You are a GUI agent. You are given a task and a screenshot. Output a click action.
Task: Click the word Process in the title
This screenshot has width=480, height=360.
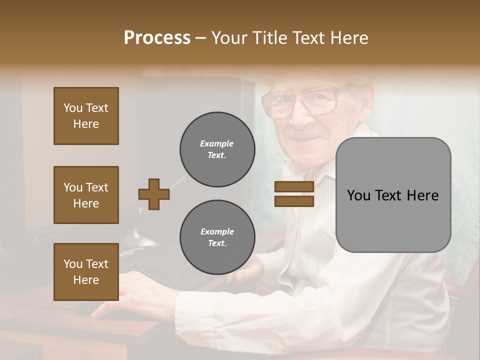[x=157, y=38]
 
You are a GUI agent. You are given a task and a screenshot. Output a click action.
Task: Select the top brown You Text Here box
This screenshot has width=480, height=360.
[x=86, y=116]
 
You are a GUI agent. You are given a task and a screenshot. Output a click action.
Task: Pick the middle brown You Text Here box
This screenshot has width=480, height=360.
[x=86, y=195]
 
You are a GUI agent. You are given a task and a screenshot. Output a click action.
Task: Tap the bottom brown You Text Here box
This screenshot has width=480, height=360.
[x=86, y=272]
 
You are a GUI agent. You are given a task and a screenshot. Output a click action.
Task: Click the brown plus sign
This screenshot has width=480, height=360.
[x=154, y=194]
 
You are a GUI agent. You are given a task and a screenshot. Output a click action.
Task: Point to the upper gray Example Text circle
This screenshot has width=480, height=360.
[x=217, y=149]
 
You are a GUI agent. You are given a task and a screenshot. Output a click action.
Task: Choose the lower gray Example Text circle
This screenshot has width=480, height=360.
[x=217, y=237]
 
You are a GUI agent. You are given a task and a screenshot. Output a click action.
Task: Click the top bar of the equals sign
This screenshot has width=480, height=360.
[x=294, y=187]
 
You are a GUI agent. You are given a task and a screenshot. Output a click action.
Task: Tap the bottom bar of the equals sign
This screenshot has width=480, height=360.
[x=294, y=201]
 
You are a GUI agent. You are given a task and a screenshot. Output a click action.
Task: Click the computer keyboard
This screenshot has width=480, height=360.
[x=150, y=260]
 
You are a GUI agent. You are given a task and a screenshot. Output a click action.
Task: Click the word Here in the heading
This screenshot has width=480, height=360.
[x=350, y=38]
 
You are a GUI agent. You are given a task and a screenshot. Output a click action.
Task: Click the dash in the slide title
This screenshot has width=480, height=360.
[x=200, y=38]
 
